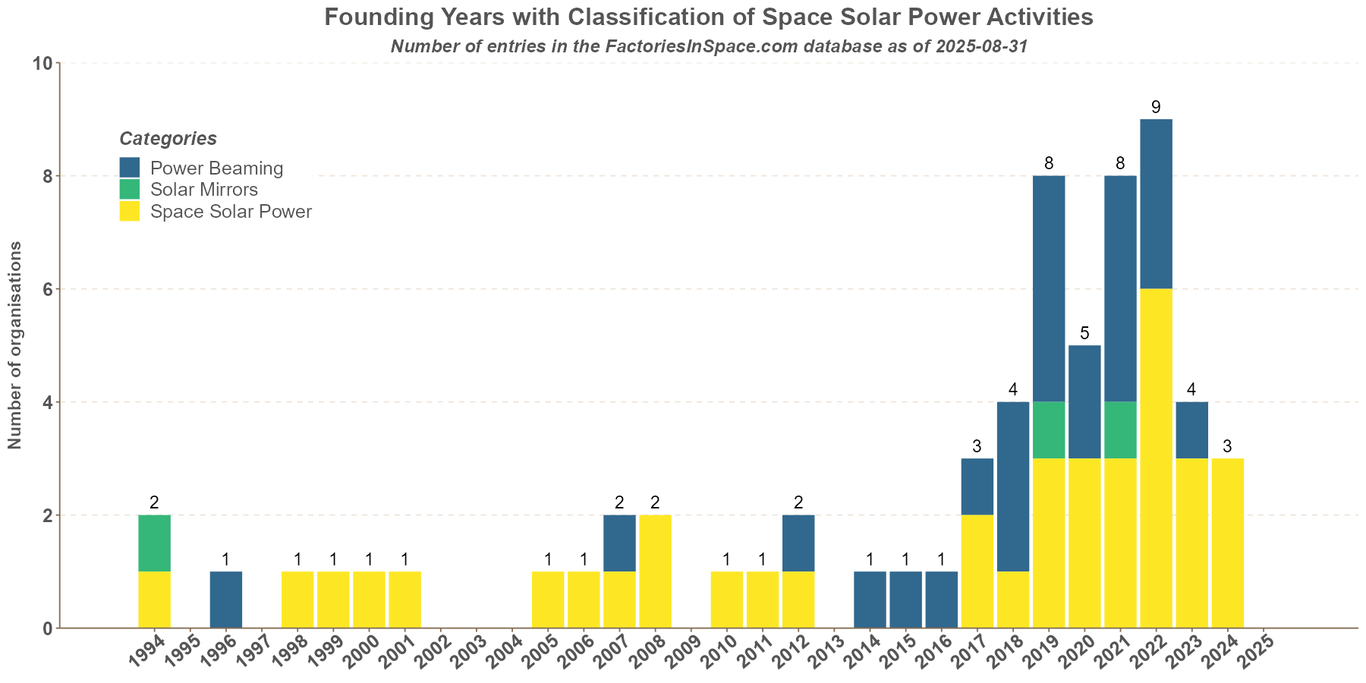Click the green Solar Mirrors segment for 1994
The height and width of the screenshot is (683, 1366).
(154, 543)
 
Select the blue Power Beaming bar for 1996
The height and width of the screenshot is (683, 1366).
(226, 600)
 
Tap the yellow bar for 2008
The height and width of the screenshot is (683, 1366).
(655, 571)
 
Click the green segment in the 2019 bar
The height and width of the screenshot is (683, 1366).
(1049, 430)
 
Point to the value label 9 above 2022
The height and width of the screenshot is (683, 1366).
(1156, 107)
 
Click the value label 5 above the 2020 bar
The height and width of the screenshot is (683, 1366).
(1084, 333)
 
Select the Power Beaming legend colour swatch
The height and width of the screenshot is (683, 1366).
(130, 168)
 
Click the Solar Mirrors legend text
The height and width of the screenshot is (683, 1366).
(204, 190)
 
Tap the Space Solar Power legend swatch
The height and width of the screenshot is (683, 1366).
(130, 212)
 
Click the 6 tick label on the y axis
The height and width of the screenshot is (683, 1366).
(46, 289)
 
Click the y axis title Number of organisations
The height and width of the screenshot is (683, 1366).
(15, 345)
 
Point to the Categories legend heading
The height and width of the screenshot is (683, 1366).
(168, 139)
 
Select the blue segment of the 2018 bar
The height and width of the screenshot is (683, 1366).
(1013, 486)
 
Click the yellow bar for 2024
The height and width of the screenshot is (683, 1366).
(1227, 543)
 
